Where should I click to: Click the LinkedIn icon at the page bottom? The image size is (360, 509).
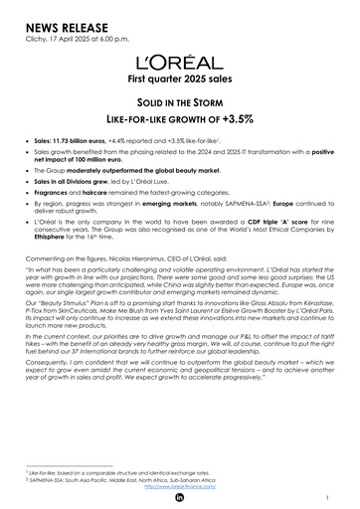[x=180, y=499]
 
